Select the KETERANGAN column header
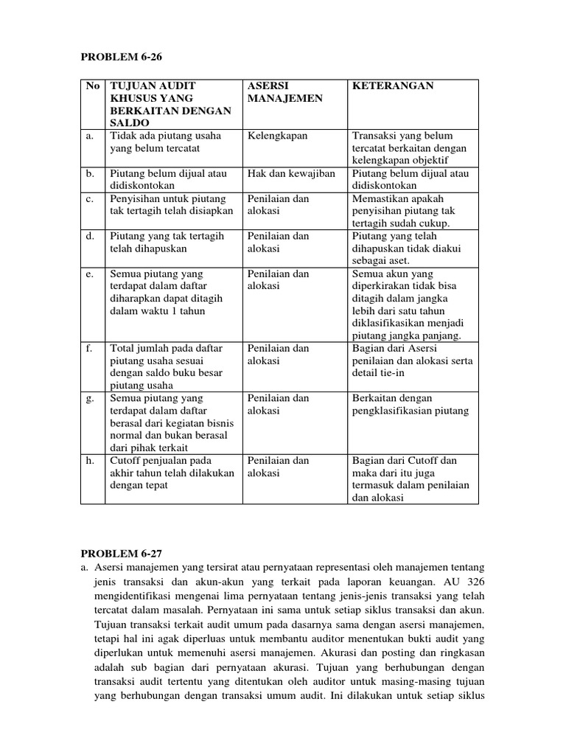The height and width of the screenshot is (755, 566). click(x=393, y=86)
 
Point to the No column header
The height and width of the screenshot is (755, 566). click(x=92, y=86)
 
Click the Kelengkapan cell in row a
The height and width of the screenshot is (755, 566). click(x=278, y=136)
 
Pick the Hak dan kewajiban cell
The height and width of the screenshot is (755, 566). click(x=291, y=174)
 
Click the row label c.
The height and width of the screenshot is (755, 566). click(x=89, y=199)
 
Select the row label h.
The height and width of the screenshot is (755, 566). click(x=90, y=461)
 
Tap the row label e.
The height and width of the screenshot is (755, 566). click(x=89, y=274)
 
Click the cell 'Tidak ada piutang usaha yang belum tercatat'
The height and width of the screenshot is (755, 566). click(x=165, y=142)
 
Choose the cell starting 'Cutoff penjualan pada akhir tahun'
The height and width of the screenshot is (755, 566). click(x=172, y=473)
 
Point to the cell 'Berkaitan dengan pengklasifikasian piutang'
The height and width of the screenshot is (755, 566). click(x=410, y=405)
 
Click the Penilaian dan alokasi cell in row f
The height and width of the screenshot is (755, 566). click(x=279, y=355)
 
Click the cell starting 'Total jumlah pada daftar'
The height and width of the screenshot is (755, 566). click(x=166, y=366)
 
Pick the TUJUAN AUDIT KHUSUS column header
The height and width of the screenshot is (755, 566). click(x=170, y=104)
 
